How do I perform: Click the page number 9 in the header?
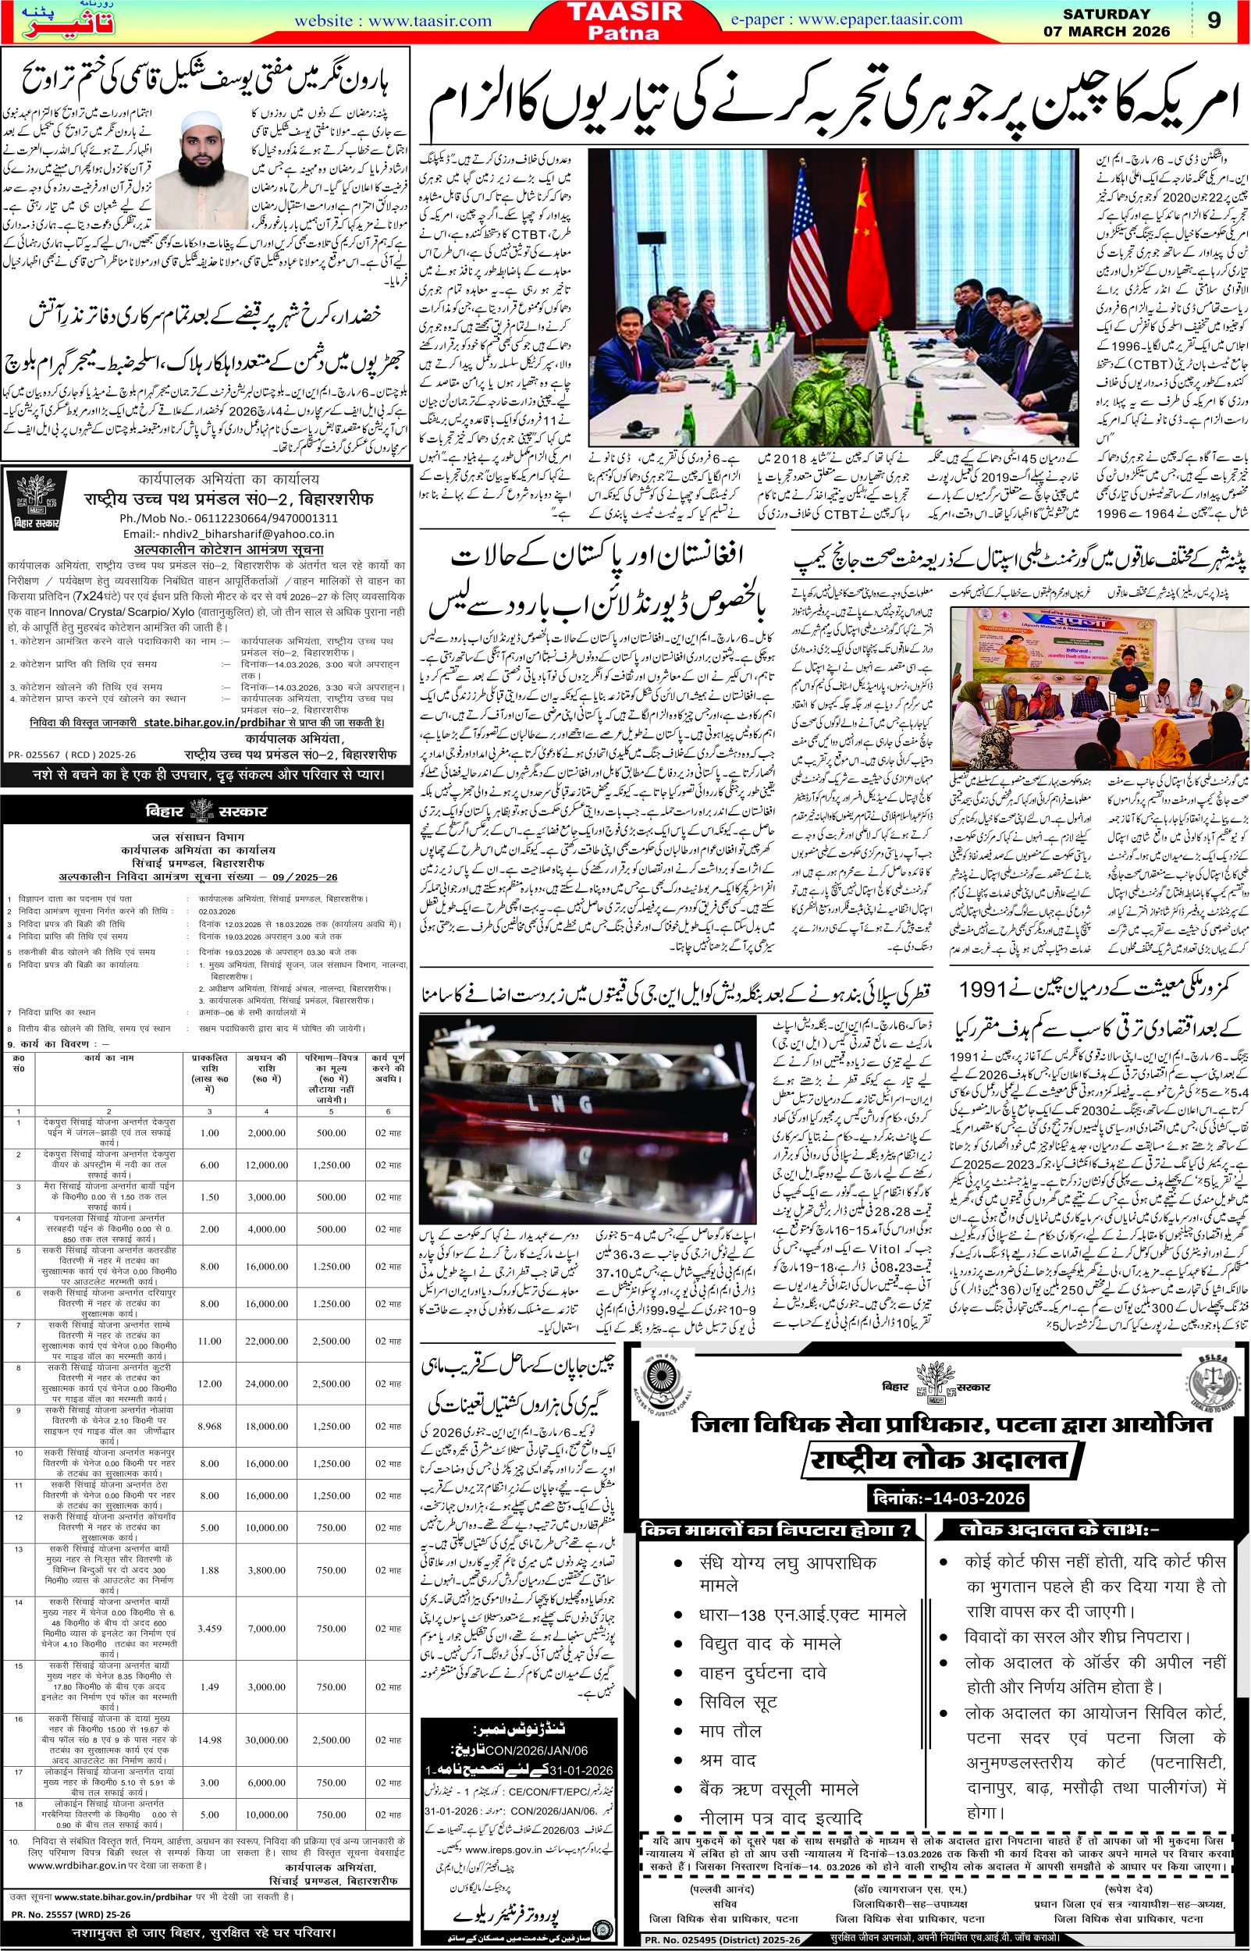point(1214,21)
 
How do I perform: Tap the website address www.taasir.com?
point(393,21)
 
